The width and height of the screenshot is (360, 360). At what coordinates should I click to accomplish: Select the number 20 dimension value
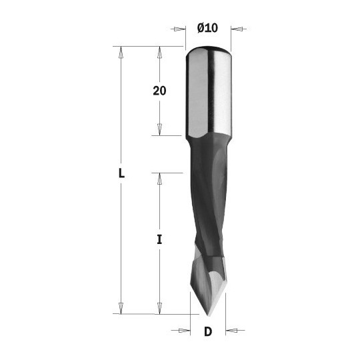point(159,91)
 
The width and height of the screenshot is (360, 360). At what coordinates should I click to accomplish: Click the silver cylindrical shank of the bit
point(207,93)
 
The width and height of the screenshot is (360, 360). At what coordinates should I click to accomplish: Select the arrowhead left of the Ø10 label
point(179,28)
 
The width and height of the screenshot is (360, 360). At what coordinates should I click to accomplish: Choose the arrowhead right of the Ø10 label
point(237,28)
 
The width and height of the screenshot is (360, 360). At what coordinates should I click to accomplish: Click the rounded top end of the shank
point(207,51)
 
